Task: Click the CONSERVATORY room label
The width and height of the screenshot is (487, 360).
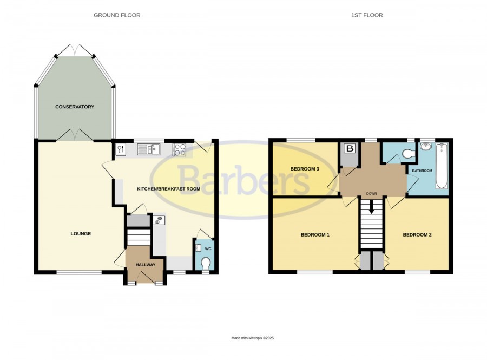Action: point(75,107)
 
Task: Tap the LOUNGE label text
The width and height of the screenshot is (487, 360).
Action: point(81,233)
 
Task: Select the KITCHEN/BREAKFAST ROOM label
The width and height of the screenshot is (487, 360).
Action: point(169,189)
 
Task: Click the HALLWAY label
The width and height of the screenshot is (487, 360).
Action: point(146,265)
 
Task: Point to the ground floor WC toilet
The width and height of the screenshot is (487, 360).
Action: point(205,264)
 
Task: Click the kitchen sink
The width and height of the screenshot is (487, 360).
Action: point(148,149)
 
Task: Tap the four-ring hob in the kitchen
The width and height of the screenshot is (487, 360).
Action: point(179,149)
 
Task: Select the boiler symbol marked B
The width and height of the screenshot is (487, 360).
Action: point(350,148)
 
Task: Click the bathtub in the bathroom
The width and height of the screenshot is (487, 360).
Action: point(442,166)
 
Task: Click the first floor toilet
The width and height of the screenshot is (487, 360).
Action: point(408,153)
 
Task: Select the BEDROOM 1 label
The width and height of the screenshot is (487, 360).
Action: point(315,235)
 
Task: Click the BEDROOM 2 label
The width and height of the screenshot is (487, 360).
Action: point(417,235)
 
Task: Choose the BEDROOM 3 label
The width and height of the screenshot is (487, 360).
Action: point(305,169)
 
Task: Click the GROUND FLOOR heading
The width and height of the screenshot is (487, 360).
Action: point(117,15)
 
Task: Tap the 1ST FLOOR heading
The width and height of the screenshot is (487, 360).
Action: point(367,15)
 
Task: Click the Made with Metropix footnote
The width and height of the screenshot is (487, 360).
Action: point(253,338)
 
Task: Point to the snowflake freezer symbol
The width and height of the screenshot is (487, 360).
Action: point(159,220)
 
